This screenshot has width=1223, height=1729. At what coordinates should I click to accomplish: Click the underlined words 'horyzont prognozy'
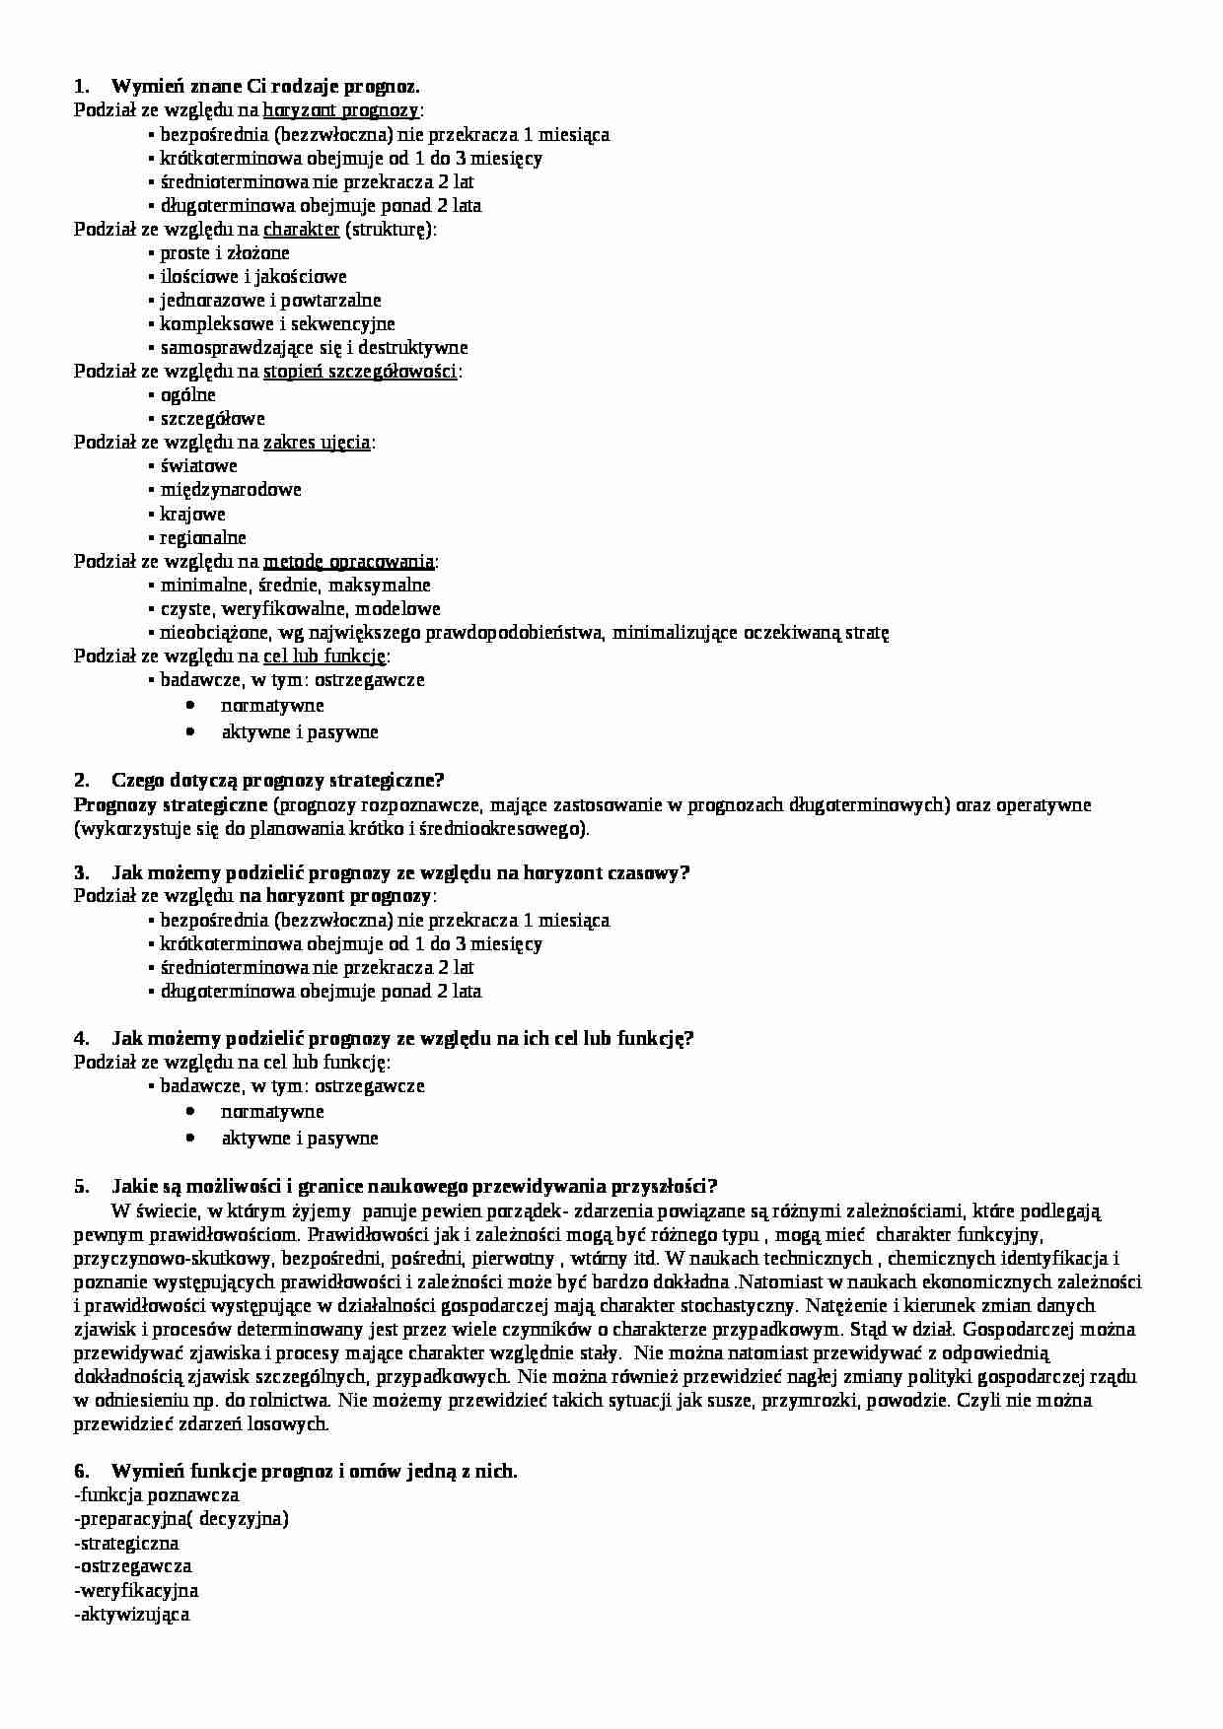coord(340,110)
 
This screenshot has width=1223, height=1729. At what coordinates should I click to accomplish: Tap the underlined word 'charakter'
coord(301,230)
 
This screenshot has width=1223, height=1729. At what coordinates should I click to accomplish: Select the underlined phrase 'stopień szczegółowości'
coord(360,372)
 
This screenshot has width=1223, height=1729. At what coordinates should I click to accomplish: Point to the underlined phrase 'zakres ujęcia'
coord(317,443)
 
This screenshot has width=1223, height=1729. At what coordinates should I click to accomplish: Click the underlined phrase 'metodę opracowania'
coord(348,562)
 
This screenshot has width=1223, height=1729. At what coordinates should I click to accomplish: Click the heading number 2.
coord(81,781)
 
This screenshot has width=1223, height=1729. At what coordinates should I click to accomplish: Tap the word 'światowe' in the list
coord(198,466)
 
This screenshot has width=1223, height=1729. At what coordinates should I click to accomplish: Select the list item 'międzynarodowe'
coord(230,490)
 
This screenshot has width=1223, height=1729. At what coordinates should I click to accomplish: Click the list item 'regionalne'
coord(203,538)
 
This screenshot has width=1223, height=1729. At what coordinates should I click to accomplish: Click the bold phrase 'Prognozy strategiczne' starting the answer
coord(165,805)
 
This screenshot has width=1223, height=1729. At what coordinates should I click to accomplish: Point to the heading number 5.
coord(81,1186)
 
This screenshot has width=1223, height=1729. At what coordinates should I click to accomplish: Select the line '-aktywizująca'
coord(132,1615)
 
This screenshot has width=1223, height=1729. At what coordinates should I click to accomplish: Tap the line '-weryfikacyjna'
coord(136,1590)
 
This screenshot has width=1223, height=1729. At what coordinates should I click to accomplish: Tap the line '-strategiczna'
coord(126,1543)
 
